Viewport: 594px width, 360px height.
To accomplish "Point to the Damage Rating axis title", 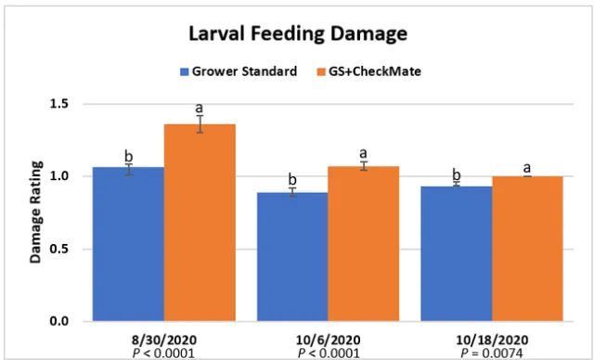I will point(35,212).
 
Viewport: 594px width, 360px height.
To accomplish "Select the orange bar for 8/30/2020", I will point(200,223).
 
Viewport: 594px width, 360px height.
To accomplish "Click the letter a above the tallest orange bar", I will point(199,109).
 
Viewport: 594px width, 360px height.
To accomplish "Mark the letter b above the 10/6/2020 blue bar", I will point(292,179).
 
